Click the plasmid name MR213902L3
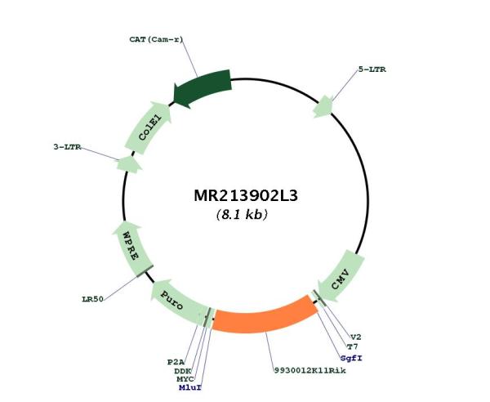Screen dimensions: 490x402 tap(246, 195)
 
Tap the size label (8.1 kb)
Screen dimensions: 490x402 tap(242, 215)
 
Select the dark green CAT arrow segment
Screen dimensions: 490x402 tap(203, 88)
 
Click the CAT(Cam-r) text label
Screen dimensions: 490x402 tap(156, 39)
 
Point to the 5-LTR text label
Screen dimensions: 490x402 tap(372, 69)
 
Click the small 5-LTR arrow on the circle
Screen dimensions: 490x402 tap(323, 107)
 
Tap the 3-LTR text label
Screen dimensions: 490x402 tap(67, 146)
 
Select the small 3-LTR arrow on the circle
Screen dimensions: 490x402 tap(128, 164)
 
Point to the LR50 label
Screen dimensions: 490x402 tap(92, 299)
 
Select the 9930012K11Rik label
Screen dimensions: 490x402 tap(310, 371)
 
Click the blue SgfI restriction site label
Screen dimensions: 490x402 tap(351, 358)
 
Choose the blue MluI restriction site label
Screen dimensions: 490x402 tap(190, 388)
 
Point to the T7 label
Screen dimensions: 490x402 tap(353, 346)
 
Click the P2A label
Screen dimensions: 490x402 tap(176, 362)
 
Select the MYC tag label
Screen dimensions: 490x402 tap(185, 379)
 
